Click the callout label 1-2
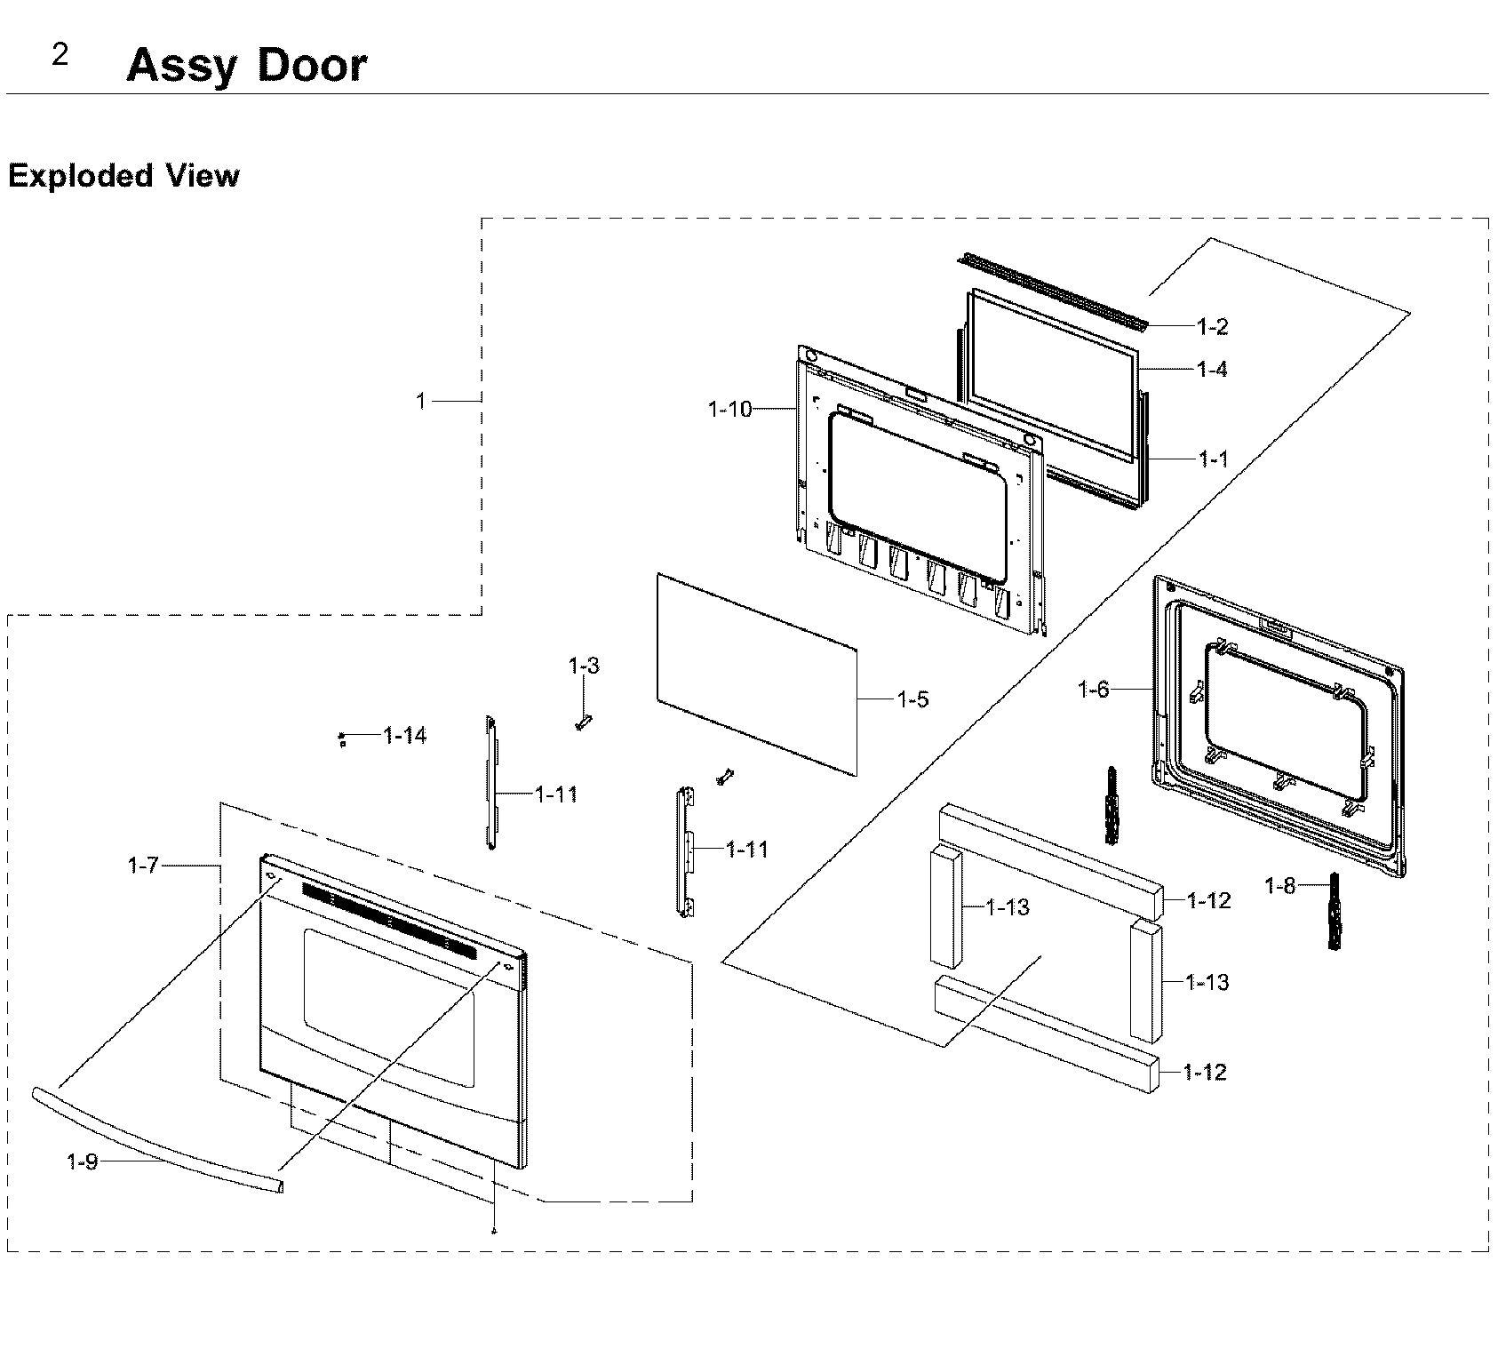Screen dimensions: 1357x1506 (1212, 327)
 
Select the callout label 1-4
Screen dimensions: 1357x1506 (1212, 369)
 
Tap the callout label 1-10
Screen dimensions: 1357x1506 (729, 409)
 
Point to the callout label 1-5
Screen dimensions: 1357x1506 (912, 699)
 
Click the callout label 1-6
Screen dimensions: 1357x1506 (1094, 689)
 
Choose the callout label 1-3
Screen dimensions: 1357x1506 (584, 666)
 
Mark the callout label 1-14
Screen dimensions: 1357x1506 (404, 736)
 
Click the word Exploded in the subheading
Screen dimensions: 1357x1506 (81, 176)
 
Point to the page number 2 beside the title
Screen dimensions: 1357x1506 (60, 56)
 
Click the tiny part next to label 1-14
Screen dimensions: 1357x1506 (342, 739)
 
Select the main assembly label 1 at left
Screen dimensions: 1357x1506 (421, 402)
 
